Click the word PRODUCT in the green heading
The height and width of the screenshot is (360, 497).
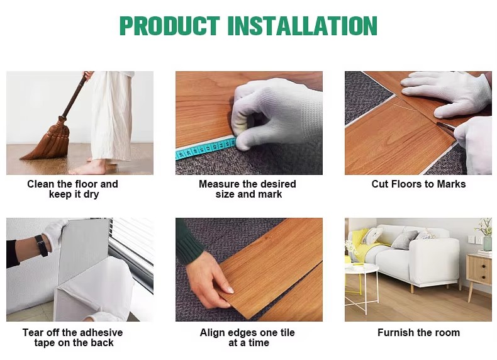(x=170, y=26)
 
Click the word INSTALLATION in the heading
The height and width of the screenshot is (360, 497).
(x=303, y=26)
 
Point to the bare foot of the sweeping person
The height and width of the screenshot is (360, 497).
(x=88, y=168)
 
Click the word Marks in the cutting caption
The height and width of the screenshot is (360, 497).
(x=451, y=184)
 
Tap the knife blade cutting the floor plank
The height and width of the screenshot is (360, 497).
(x=445, y=125)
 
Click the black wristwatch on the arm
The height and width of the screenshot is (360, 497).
(x=42, y=245)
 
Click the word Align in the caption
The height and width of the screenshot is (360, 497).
(x=211, y=332)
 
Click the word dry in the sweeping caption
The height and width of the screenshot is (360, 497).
(x=91, y=194)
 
